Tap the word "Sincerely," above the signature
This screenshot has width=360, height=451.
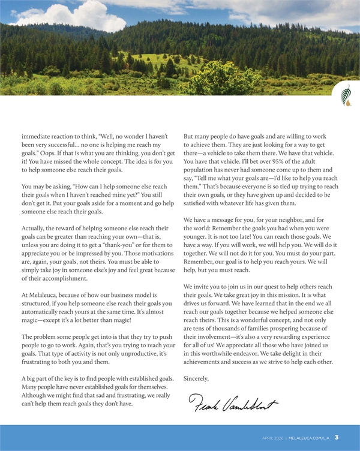click(196, 378)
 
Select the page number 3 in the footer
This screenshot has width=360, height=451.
click(337, 437)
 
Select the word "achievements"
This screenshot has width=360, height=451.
click(208, 362)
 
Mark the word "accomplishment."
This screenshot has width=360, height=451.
click(56, 278)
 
